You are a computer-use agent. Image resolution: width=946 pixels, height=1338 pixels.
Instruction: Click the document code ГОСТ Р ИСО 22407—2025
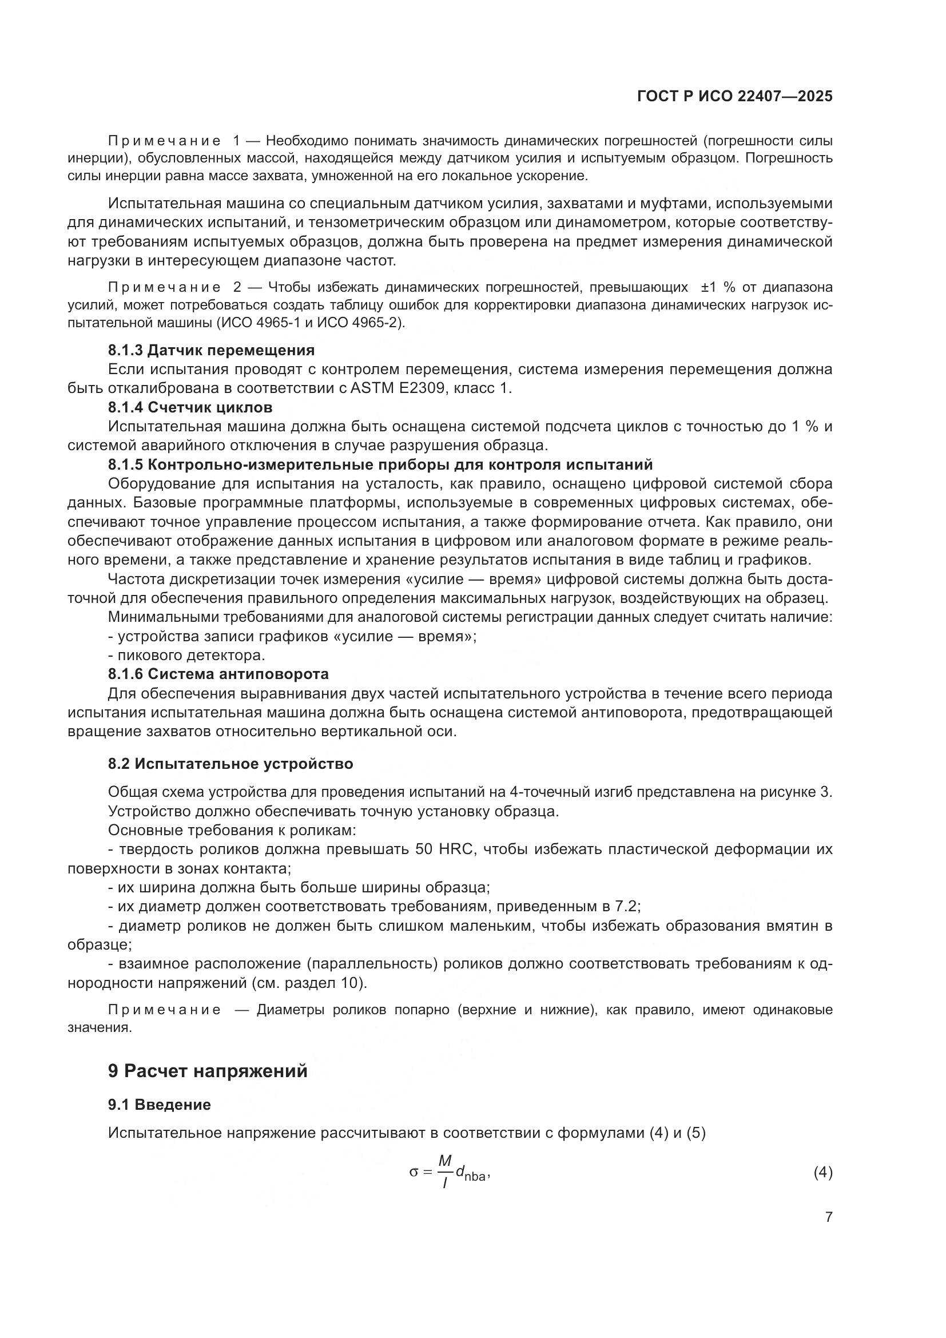(x=734, y=96)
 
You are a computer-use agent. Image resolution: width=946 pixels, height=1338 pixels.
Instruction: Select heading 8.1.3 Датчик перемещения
(x=211, y=350)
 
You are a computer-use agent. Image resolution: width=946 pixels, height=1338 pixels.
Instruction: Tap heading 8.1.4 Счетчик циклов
(x=190, y=407)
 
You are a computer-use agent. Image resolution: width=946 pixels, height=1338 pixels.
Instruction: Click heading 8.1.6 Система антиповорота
(x=218, y=674)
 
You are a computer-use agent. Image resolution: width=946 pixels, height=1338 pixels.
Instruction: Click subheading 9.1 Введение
(x=159, y=1104)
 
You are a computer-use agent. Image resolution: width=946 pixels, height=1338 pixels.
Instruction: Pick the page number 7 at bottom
(x=828, y=1217)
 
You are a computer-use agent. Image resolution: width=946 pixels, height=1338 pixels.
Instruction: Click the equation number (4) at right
(x=822, y=1172)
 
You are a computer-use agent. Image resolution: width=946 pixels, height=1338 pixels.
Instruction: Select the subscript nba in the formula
(x=475, y=1177)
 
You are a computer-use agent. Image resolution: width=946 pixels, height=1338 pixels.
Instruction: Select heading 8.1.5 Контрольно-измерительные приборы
(x=380, y=464)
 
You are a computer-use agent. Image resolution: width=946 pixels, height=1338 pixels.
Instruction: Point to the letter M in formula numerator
(x=445, y=1161)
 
